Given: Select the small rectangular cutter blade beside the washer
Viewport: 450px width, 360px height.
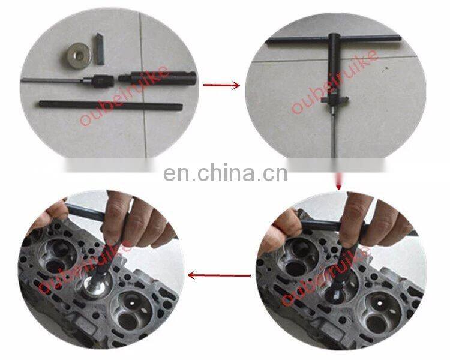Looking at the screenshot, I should pyautogui.click(x=100, y=52).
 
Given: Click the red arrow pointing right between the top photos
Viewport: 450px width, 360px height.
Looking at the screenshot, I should pyautogui.click(x=221, y=85).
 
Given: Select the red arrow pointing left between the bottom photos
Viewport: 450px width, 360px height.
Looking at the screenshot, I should pyautogui.click(x=219, y=275).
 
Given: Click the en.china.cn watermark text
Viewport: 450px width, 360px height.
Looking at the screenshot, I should pyautogui.click(x=225, y=173).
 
